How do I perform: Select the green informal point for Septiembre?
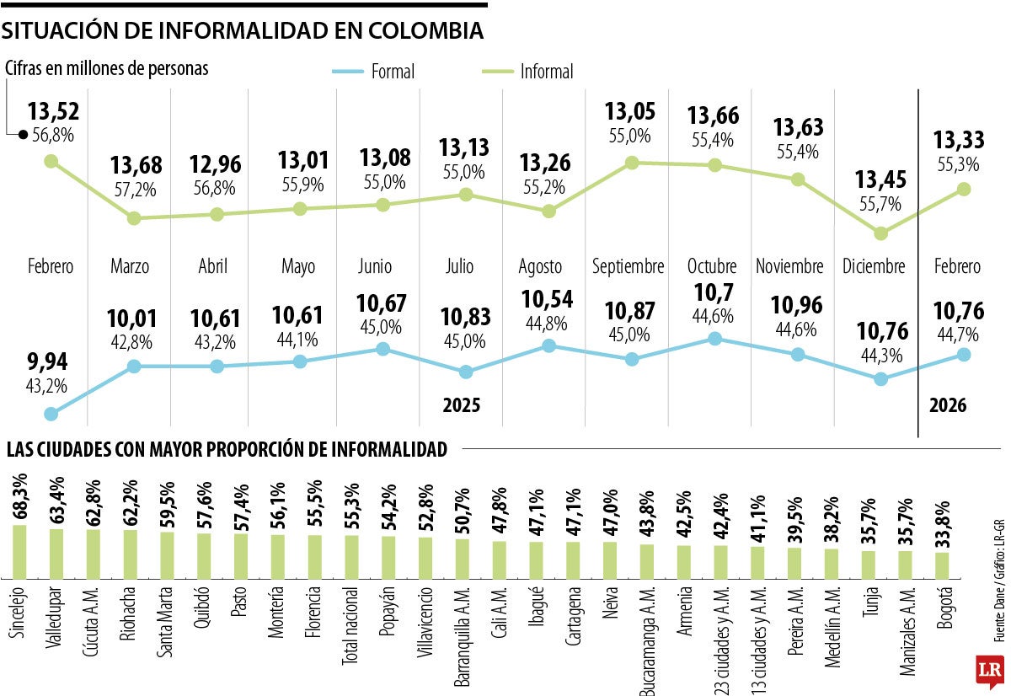tap(630, 163)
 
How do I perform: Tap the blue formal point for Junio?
tap(382, 348)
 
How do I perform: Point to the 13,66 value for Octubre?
tap(714, 116)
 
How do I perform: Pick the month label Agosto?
tap(540, 267)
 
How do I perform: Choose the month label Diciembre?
tap(874, 267)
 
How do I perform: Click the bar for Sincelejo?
tap(19, 551)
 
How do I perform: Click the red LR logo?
tap(988, 669)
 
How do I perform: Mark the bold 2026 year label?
tap(948, 406)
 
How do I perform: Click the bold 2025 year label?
tap(461, 406)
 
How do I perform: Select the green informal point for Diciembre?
tap(880, 233)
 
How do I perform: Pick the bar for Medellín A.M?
tap(832, 562)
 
